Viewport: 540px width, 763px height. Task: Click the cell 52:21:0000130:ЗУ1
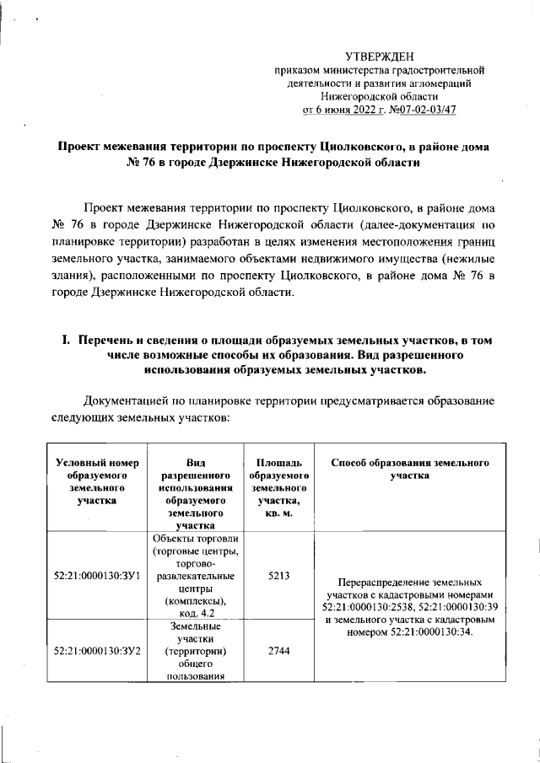(x=96, y=576)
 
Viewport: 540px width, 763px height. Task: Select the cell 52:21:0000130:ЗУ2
(x=96, y=651)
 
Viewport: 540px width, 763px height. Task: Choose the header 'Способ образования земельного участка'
(x=410, y=470)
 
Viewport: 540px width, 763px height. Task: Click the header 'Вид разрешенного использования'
(x=195, y=481)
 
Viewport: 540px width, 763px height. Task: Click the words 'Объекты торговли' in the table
(x=195, y=539)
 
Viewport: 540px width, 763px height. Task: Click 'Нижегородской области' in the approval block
(x=385, y=96)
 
